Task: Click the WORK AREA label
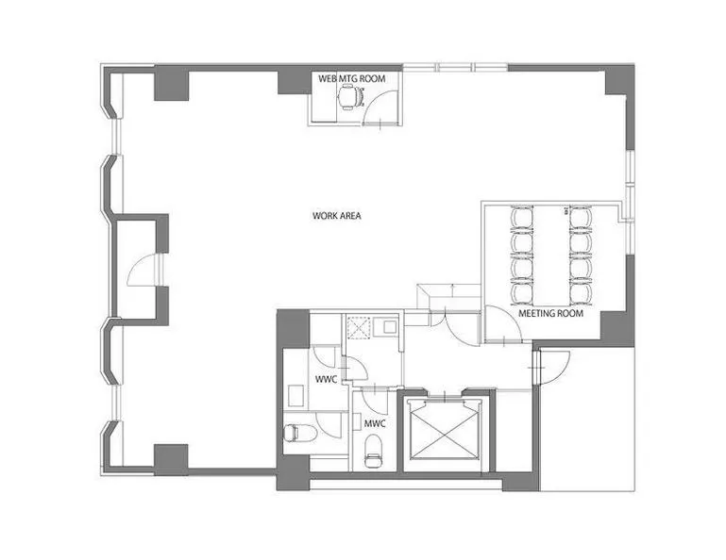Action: (337, 216)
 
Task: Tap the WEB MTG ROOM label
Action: (351, 78)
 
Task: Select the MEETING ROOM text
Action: (550, 314)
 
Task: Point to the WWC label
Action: (326, 380)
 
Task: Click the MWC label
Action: (375, 423)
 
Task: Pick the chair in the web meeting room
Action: (349, 97)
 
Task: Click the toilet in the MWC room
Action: (374, 452)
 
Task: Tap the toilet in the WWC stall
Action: (299, 434)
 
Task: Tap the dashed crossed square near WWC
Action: (359, 328)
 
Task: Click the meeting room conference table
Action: (552, 255)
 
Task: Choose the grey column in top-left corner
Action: (172, 83)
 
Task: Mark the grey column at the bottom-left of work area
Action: (171, 460)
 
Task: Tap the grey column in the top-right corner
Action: (619, 80)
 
